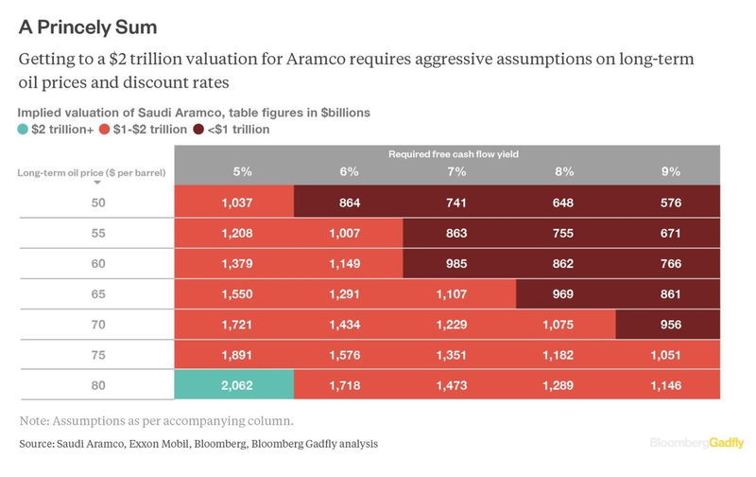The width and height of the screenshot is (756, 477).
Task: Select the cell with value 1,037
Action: coord(234,202)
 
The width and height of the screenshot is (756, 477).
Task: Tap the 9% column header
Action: coord(669,171)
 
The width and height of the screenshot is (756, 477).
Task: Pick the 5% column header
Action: coord(241,171)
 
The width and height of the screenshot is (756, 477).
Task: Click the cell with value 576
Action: coord(669,202)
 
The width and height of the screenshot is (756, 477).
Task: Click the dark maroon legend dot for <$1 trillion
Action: coord(198,129)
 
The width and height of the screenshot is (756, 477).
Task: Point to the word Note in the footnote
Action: coord(36,419)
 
